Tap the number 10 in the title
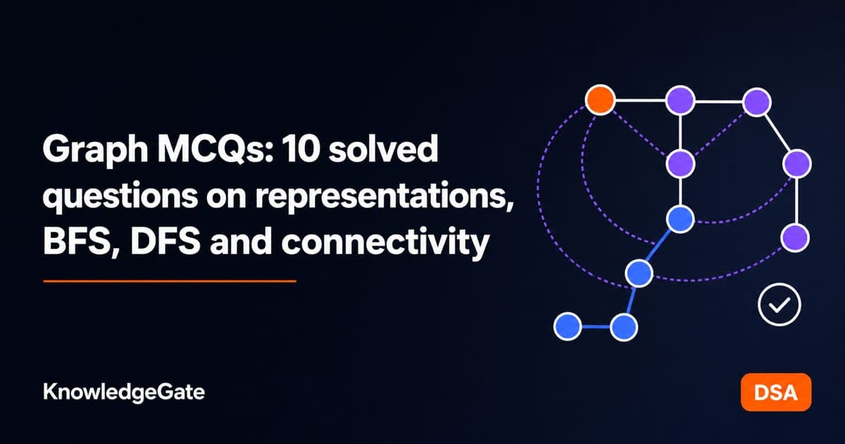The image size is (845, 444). (300, 149)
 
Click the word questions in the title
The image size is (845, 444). (120, 197)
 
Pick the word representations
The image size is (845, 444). (384, 197)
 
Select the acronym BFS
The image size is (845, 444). (80, 242)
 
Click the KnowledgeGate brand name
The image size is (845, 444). (124, 393)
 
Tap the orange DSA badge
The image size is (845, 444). (776, 392)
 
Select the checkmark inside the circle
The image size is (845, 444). (780, 304)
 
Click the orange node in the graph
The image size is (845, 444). (600, 100)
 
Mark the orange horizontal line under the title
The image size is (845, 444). (170, 281)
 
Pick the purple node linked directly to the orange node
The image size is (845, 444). (680, 100)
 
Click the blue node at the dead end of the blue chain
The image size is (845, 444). (568, 326)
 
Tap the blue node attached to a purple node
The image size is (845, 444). (680, 219)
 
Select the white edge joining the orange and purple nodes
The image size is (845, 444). (640, 100)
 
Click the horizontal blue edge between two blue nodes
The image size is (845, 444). (596, 326)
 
